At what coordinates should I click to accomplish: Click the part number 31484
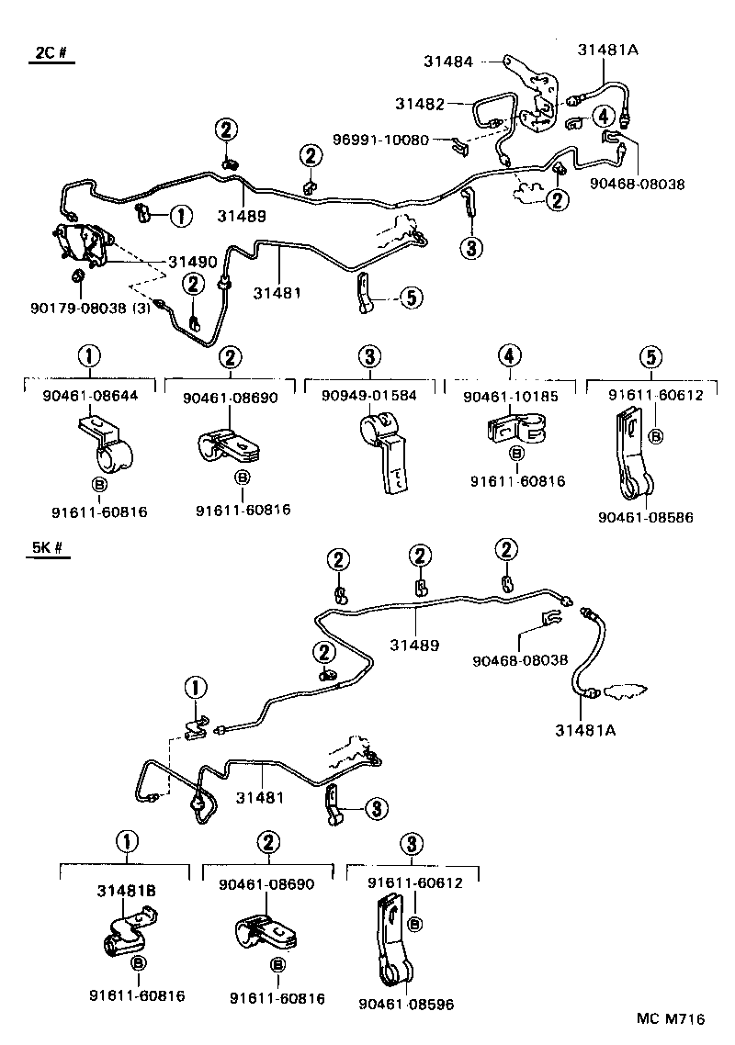tap(448, 62)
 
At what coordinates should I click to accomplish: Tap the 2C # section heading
tap(52, 52)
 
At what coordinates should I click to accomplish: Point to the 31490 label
tap(192, 262)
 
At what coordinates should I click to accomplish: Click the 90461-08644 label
tap(89, 396)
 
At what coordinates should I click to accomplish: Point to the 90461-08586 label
tap(645, 517)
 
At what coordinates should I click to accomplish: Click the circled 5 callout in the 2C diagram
tap(411, 297)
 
